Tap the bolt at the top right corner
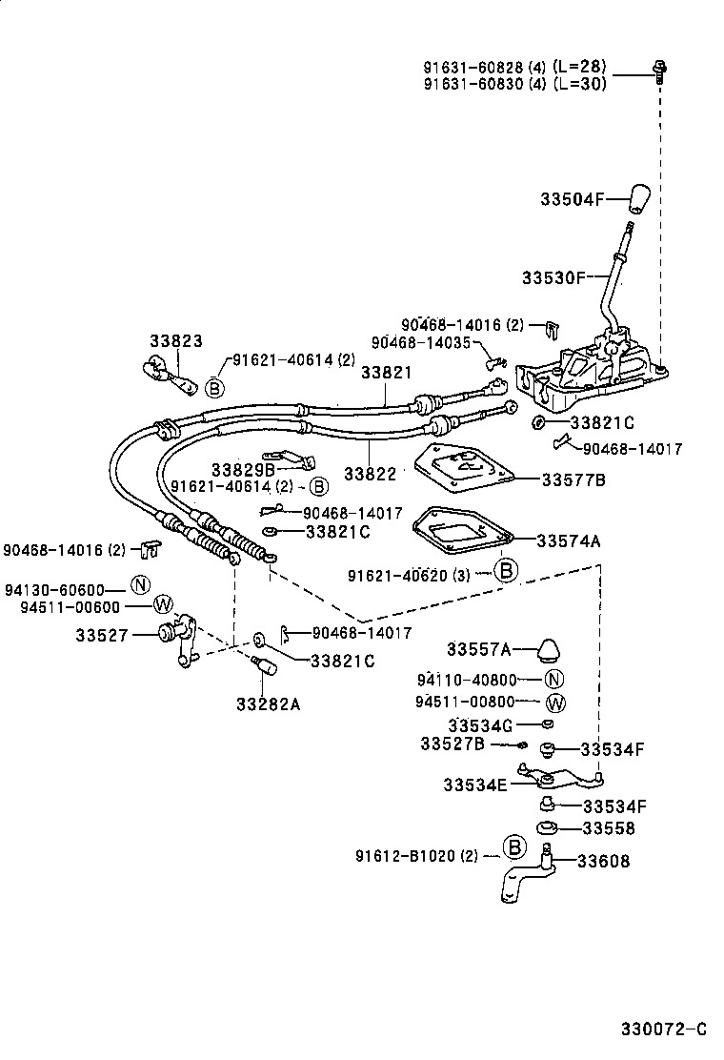pyautogui.click(x=657, y=69)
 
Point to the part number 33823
pyautogui.click(x=175, y=341)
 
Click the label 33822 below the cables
pyautogui.click(x=370, y=473)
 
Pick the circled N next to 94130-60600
pyautogui.click(x=140, y=585)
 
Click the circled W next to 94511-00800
pyautogui.click(x=555, y=703)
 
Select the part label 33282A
pyautogui.click(x=268, y=704)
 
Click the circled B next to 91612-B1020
pyautogui.click(x=513, y=846)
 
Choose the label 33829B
pyautogui.click(x=243, y=469)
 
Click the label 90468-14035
pyautogui.click(x=421, y=342)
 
